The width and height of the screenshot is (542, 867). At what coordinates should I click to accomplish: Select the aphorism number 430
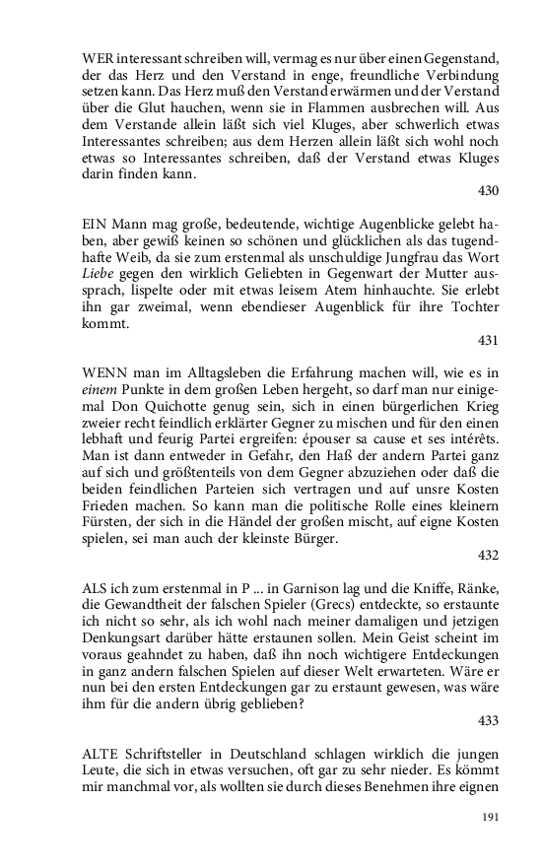[x=487, y=190]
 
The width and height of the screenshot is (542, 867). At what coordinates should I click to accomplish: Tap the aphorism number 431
[x=487, y=340]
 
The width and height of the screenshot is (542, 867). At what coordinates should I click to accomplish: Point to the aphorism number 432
[x=487, y=554]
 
